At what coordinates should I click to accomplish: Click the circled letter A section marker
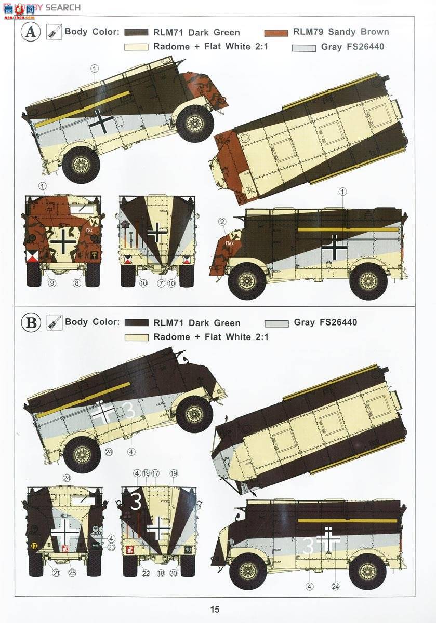pos(31,32)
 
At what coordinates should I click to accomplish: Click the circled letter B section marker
pos(31,323)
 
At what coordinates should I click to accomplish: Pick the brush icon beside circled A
pos(53,32)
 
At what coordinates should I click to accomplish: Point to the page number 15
pos(216,610)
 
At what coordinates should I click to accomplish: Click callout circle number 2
pos(222,222)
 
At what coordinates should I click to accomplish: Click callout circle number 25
pos(73,573)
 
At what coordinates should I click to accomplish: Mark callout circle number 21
pos(56,573)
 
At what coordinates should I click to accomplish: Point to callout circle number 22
pos(146,573)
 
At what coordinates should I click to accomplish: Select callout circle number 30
pos(173,573)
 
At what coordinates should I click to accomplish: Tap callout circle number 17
pos(155,473)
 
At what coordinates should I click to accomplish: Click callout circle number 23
pos(111,547)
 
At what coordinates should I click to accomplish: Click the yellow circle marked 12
pos(34,546)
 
